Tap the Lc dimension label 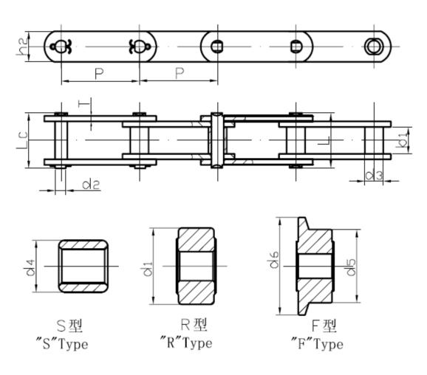click(22, 140)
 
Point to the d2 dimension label click(91, 185)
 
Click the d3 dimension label click(374, 175)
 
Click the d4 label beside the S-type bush click(30, 268)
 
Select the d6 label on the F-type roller click(274, 260)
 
